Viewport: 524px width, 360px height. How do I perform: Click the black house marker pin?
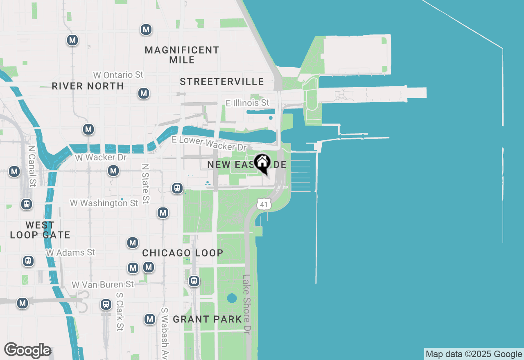pyautogui.click(x=262, y=163)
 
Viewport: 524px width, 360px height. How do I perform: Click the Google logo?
pyautogui.click(x=27, y=350)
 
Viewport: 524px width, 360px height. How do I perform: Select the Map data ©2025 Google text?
pyautogui.click(x=474, y=354)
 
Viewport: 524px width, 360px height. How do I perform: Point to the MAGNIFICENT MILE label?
pyautogui.click(x=182, y=55)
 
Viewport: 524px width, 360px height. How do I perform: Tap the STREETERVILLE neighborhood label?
pyautogui.click(x=222, y=81)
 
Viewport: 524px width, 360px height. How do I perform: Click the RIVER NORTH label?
pyautogui.click(x=88, y=86)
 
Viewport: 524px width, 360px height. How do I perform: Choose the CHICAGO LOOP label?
pyautogui.click(x=183, y=253)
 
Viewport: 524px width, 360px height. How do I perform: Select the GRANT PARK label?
pyautogui.click(x=208, y=319)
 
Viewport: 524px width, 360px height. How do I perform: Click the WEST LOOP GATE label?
pyautogui.click(x=40, y=230)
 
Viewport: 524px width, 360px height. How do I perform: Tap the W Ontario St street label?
pyautogui.click(x=118, y=75)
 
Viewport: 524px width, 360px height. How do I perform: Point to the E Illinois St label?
pyautogui.click(x=248, y=103)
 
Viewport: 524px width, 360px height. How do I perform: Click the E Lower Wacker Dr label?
pyautogui.click(x=209, y=143)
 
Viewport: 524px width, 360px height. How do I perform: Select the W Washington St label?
pyautogui.click(x=104, y=203)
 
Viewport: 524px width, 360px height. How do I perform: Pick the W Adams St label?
pyautogui.click(x=70, y=252)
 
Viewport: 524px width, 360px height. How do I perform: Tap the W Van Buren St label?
pyautogui.click(x=103, y=284)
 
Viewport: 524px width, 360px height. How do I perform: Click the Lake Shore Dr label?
pyautogui.click(x=246, y=303)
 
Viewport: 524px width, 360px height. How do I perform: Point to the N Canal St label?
pyautogui.click(x=31, y=165)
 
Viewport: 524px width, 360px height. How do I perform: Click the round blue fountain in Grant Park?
pyautogui.click(x=232, y=297)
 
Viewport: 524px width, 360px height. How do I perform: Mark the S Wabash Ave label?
pyautogui.click(x=165, y=333)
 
